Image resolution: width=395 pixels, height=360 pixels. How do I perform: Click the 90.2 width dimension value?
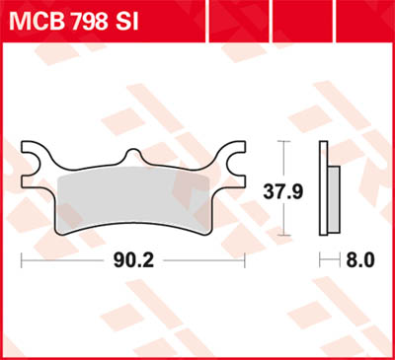click(132, 260)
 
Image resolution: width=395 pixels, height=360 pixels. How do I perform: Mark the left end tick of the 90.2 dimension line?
click(23, 260)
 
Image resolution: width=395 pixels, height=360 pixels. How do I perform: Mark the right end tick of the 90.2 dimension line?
click(244, 260)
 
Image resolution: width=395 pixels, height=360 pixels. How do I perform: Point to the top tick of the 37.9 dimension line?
click(284, 142)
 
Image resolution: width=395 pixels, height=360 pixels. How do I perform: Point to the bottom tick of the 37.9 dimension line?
click(284, 236)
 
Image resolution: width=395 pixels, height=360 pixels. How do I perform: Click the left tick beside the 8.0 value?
click(319, 260)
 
